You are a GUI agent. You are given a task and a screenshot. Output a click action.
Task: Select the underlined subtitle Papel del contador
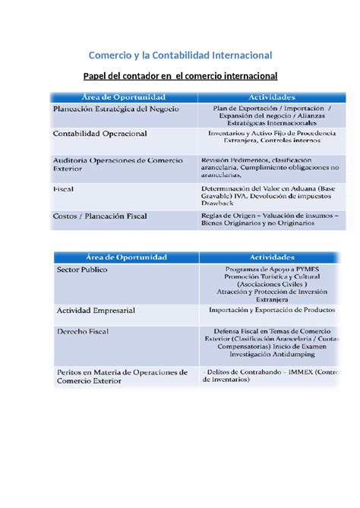(179, 76)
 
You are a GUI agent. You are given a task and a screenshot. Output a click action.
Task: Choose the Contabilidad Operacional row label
(100, 133)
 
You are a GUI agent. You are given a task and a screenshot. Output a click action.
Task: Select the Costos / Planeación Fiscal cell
(99, 216)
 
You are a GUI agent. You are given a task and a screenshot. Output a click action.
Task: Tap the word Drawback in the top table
(221, 203)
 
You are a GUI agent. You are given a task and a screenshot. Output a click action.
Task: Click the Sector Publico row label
(82, 270)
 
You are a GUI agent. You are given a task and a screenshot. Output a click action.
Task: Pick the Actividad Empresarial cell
(95, 311)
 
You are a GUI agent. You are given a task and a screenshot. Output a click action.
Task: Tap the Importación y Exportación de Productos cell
(273, 310)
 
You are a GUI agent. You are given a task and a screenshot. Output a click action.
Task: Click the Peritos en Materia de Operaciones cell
(122, 377)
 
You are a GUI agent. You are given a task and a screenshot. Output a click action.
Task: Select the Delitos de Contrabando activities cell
(272, 377)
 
